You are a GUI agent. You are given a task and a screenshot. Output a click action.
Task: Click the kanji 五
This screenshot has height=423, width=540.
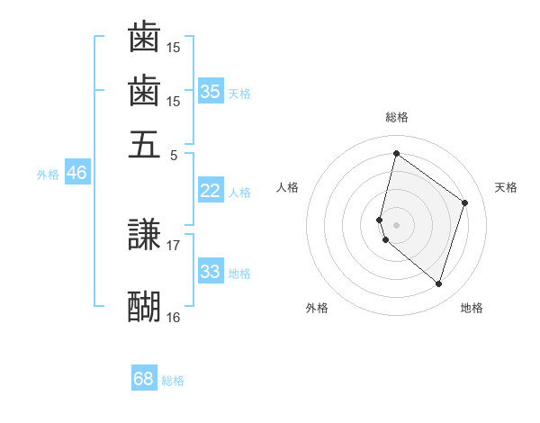(144, 145)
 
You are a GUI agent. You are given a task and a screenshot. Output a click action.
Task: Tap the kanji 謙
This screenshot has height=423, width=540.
(144, 237)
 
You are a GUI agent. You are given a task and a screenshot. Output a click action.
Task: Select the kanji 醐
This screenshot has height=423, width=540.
(144, 307)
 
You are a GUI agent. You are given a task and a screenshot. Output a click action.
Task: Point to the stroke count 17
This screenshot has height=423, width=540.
(174, 245)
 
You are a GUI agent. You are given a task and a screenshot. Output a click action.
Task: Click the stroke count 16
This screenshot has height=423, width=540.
(174, 317)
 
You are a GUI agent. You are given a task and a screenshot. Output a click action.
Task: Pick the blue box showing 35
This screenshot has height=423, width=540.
(211, 92)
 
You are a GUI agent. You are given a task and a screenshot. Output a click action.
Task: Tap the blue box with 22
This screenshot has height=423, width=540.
(211, 191)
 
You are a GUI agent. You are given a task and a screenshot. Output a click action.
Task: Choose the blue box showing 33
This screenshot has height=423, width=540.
(211, 272)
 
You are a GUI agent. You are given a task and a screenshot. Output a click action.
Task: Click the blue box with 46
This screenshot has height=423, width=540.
(76, 174)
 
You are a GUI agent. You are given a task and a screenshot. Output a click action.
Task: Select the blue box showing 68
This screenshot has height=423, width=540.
(144, 379)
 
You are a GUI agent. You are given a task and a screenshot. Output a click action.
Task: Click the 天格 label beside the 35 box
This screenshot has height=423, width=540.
(239, 94)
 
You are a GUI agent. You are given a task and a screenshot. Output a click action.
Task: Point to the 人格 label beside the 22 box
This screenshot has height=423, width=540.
(239, 193)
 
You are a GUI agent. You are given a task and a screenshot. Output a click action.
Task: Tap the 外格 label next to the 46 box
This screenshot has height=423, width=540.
(48, 175)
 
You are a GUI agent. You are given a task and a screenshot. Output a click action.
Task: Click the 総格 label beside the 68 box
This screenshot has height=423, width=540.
(173, 381)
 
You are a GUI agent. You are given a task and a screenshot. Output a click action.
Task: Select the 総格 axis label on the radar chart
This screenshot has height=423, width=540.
(397, 117)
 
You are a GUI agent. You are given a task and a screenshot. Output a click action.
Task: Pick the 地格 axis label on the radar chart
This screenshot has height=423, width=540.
(472, 308)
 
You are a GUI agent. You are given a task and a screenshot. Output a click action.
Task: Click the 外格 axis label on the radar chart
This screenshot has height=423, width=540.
(317, 308)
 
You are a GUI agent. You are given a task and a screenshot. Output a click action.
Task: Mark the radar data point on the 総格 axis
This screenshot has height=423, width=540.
(396, 153)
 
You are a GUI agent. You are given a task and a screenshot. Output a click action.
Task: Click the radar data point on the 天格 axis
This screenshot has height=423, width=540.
(464, 202)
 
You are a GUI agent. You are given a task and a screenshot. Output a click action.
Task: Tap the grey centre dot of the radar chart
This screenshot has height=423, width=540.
(396, 224)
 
